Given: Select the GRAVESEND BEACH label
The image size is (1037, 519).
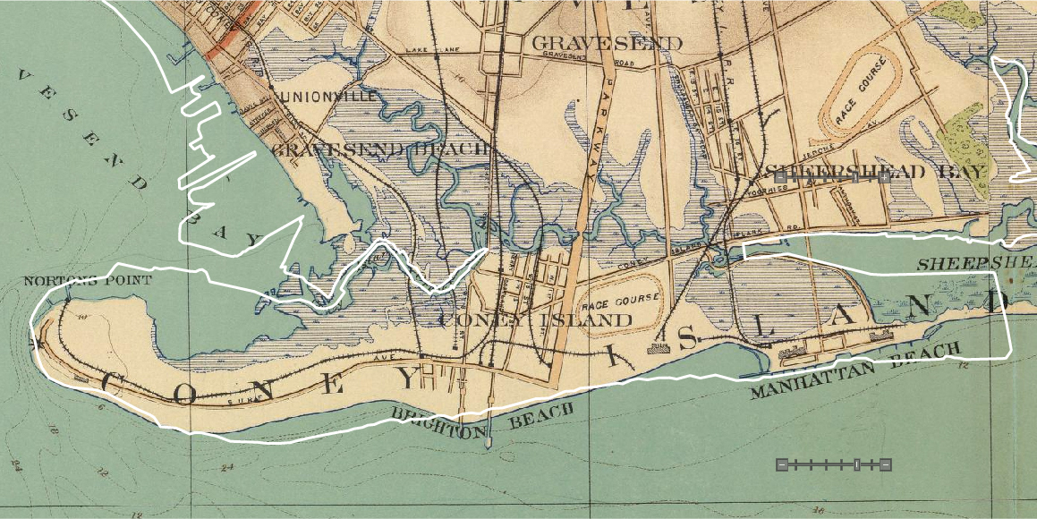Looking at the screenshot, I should (x=380, y=149).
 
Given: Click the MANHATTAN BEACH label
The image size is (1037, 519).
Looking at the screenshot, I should (x=855, y=370).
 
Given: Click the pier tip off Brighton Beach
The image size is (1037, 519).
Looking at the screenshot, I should (x=489, y=442).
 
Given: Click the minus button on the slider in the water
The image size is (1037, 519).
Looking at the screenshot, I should (x=782, y=464).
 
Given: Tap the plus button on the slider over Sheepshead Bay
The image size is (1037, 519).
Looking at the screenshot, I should (x=884, y=177).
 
